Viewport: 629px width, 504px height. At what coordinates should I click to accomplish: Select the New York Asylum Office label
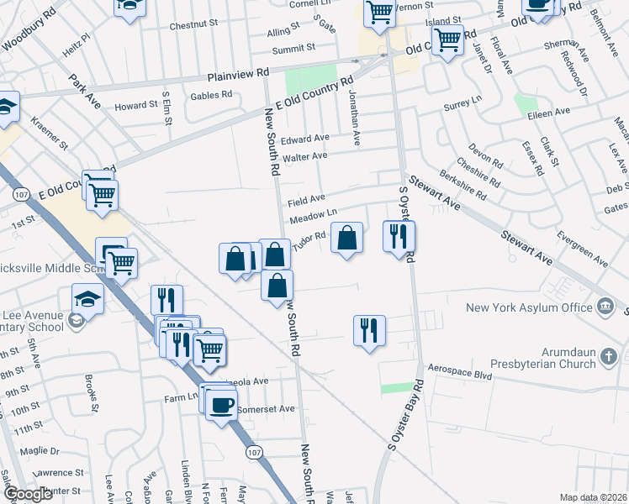530,307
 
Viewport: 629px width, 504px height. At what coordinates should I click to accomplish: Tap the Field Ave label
306,201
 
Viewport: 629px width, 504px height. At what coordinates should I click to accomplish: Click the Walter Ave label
304,157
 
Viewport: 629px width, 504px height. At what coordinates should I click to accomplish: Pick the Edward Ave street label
305,139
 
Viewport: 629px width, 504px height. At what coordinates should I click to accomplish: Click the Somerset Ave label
267,409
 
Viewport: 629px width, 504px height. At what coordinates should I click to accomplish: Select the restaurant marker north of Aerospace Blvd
369,329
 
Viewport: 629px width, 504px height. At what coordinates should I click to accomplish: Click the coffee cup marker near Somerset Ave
222,406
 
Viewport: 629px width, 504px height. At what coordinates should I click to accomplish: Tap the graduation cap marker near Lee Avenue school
87,298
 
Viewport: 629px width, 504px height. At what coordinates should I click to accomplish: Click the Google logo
28,494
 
